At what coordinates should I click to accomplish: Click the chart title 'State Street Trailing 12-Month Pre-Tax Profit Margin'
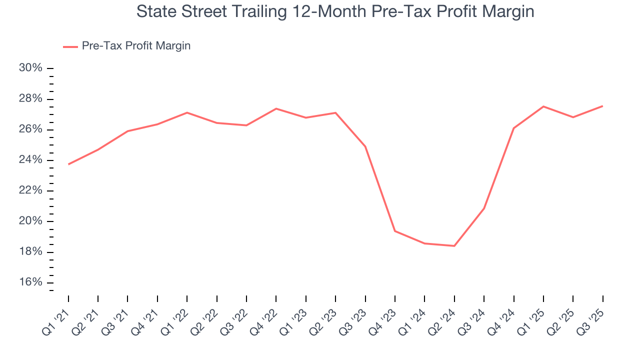coord(335,11)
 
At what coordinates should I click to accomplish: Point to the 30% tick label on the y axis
coord(30,68)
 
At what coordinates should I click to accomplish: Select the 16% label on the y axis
coord(30,282)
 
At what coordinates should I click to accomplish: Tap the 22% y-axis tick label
coord(30,190)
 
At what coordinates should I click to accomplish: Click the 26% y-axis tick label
coord(30,129)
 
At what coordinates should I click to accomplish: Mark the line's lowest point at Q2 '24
coord(454,246)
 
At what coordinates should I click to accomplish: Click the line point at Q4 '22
coord(276,108)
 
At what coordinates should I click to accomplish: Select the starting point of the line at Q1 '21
coord(68,164)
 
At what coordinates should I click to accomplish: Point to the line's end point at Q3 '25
coord(602,106)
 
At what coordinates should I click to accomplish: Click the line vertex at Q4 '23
coord(395,231)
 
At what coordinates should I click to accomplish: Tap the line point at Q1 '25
coord(543,106)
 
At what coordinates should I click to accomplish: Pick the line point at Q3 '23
coord(365,146)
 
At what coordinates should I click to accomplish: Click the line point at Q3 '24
coord(484,208)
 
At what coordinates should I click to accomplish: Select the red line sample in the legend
coord(70,46)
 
